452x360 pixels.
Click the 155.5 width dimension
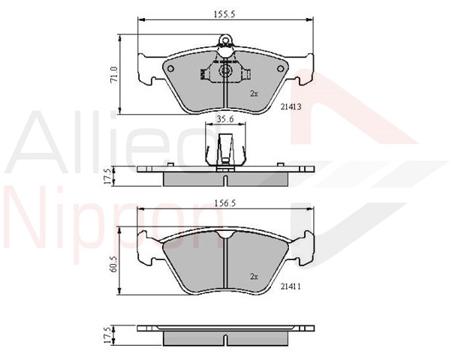224,14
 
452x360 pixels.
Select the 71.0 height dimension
114,75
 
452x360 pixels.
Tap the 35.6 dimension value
225,119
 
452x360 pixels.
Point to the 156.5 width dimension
225,203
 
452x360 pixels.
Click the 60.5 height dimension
114,265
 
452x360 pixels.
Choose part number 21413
291,106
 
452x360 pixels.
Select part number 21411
291,286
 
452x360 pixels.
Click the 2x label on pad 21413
254,94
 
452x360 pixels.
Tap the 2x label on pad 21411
254,277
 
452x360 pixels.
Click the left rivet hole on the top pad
170,69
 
